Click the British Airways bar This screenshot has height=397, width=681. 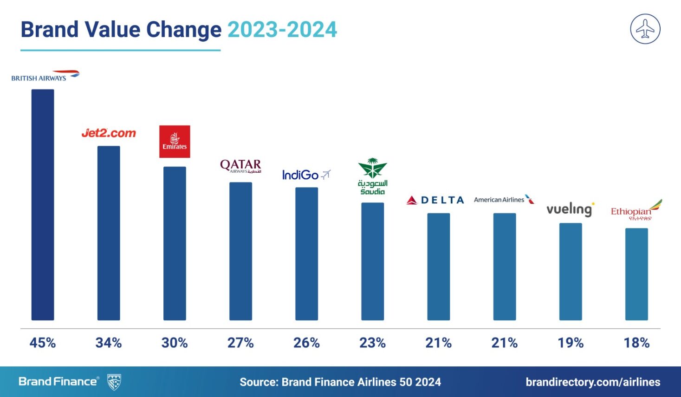[x=43, y=204]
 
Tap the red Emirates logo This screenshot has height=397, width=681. [x=175, y=142]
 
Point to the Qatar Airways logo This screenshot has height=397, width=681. [x=240, y=166]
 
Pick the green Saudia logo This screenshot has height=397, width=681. [x=372, y=176]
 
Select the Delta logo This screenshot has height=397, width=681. [x=435, y=200]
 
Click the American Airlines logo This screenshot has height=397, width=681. [x=504, y=200]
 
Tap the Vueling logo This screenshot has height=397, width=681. [x=570, y=209]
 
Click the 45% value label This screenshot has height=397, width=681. [x=43, y=343]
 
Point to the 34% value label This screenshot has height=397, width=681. [x=109, y=343]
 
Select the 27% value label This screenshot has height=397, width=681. [x=240, y=343]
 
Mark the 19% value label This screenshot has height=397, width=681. [x=571, y=343]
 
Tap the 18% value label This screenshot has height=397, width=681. [x=636, y=343]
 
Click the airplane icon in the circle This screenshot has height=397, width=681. [x=645, y=29]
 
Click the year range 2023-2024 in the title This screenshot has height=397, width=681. [x=282, y=30]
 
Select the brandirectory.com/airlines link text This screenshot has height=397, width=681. [x=593, y=382]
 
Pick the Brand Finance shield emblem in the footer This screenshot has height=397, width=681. [x=114, y=382]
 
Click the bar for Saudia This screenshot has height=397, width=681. [x=373, y=261]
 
